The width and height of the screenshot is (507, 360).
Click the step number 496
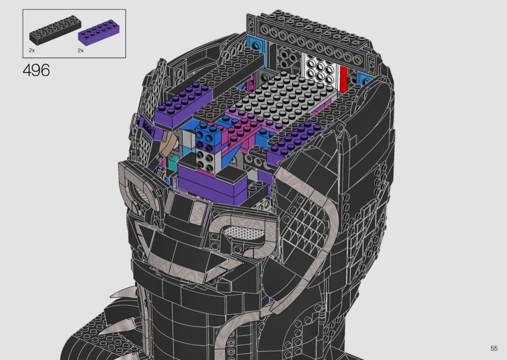pos(36,70)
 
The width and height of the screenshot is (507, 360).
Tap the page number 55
pos(494,348)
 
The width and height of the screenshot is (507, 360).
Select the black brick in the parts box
pos(56,32)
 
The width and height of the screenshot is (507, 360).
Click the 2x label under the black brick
pos(32,50)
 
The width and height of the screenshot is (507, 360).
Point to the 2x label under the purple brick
pos(81,50)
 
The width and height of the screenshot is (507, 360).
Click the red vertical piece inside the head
pos(343,79)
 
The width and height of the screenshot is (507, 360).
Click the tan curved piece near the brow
pos(169,144)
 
